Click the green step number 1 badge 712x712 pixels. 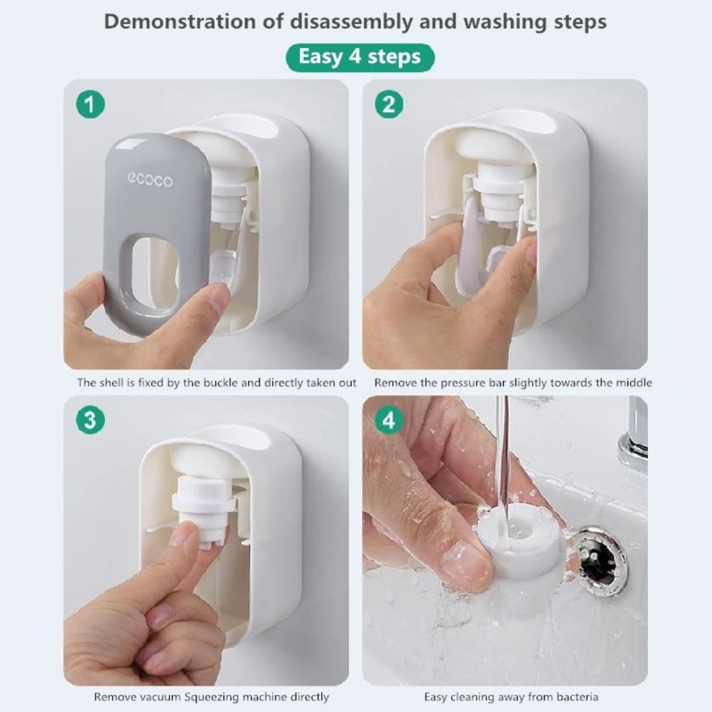point(90,105)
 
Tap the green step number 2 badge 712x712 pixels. point(388,105)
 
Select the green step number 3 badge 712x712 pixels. point(90,420)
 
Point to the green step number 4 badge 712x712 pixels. point(388,420)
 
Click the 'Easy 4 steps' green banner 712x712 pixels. point(359,57)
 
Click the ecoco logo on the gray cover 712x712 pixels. point(150,179)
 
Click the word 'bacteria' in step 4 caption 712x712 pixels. point(576,696)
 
